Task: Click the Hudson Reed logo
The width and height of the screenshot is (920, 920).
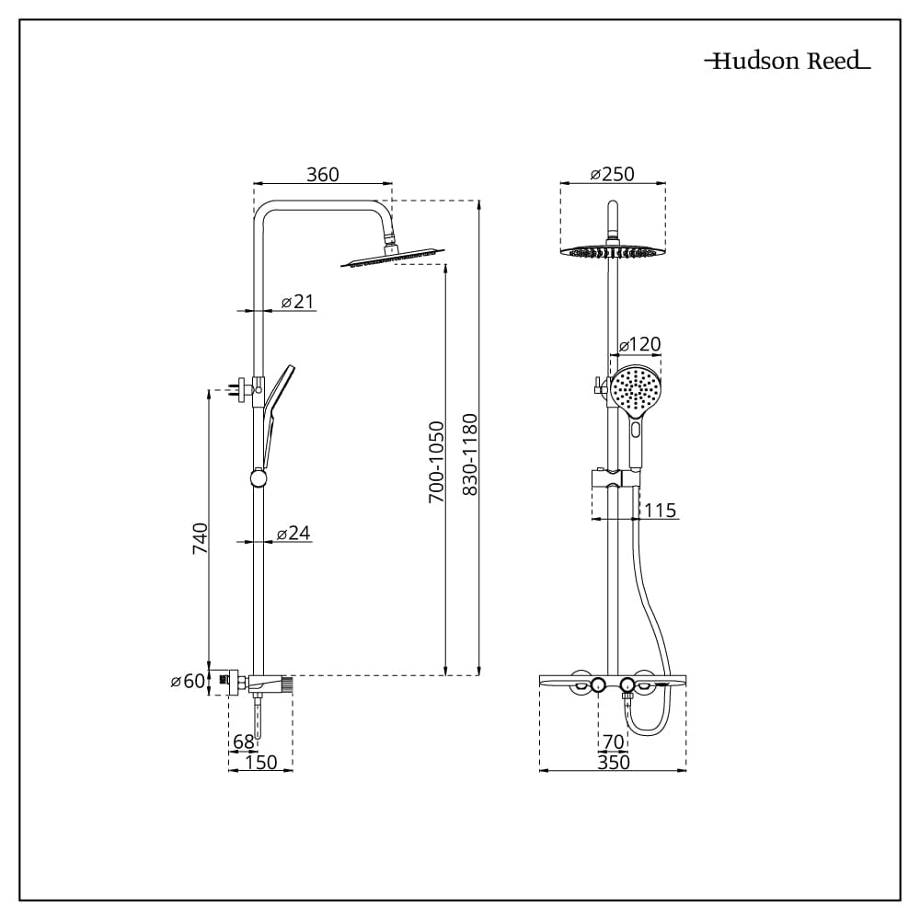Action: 788,61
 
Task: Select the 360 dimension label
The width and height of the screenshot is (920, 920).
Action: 323,174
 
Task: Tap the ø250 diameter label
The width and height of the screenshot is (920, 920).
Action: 612,174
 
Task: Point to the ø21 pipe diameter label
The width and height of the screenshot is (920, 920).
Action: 297,302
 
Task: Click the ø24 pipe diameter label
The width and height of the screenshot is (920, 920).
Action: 293,533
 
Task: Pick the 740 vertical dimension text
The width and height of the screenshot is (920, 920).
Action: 200,538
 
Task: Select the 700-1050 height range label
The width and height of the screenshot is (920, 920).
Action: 436,462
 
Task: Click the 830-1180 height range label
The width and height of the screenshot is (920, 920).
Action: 470,454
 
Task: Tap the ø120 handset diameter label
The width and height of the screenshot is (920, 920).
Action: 640,344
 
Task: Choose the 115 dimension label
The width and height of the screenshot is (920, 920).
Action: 660,511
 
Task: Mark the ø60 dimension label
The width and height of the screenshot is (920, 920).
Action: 188,681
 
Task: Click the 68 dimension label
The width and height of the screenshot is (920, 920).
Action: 244,742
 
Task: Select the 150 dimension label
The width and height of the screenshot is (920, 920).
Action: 260,762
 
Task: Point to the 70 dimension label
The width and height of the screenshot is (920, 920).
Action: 613,742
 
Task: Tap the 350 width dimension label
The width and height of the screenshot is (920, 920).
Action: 613,762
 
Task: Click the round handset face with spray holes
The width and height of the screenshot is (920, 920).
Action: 636,390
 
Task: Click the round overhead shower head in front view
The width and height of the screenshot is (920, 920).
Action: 613,252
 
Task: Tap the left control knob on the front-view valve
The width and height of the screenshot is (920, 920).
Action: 598,684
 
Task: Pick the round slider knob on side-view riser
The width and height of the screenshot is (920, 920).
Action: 259,477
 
